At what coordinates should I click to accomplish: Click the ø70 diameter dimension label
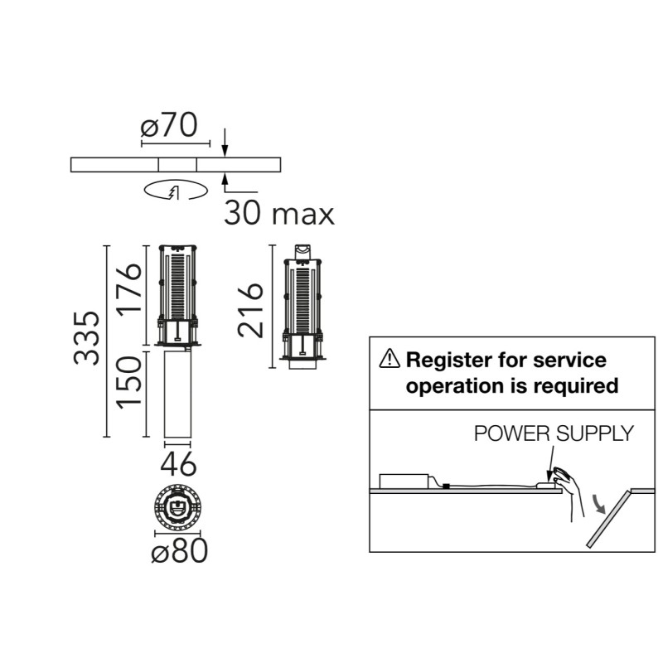[169, 125]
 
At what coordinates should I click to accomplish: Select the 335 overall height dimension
[87, 338]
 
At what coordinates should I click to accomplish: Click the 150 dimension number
[129, 382]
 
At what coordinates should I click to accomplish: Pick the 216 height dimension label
[250, 310]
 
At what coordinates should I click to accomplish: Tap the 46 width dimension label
[178, 464]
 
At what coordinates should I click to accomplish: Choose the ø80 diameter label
[180, 550]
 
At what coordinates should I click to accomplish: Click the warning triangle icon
[390, 359]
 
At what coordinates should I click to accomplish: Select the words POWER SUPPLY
[554, 433]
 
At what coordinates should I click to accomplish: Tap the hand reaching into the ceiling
[569, 491]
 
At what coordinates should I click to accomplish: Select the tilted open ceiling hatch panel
[609, 520]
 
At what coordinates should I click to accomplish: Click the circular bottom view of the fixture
[177, 506]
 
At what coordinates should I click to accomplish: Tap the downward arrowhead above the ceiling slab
[225, 152]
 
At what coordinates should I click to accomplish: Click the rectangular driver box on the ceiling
[404, 482]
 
